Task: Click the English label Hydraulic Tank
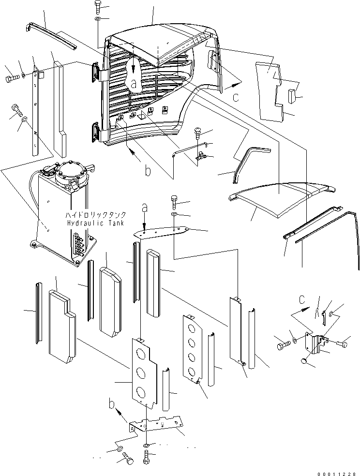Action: tap(95, 223)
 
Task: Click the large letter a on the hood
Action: tap(134, 83)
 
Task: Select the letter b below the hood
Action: tap(148, 171)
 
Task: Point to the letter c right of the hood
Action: tap(236, 97)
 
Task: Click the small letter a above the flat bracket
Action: tap(145, 208)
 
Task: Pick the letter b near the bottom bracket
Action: tap(112, 404)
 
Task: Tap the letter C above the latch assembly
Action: tap(301, 299)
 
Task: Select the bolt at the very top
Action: tap(98, 7)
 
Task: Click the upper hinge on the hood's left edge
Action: tap(96, 72)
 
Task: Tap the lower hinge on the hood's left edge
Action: tap(96, 133)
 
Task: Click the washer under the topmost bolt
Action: tap(98, 19)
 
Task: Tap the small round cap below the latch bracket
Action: tap(304, 361)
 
